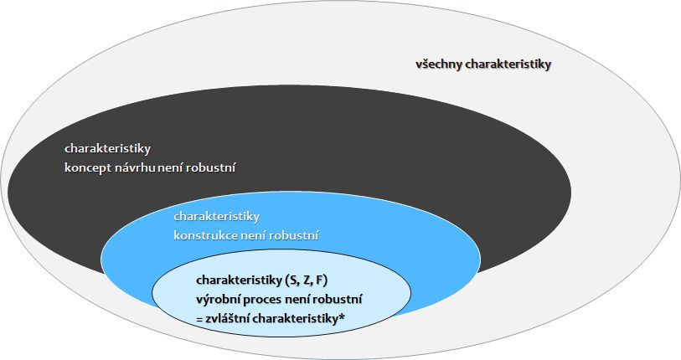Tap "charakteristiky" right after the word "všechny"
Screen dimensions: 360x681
pos(509,64)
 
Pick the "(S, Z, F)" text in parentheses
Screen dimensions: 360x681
pos(307,280)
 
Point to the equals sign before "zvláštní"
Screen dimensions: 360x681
pos(200,319)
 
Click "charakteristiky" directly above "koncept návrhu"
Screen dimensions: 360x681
pos(107,149)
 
